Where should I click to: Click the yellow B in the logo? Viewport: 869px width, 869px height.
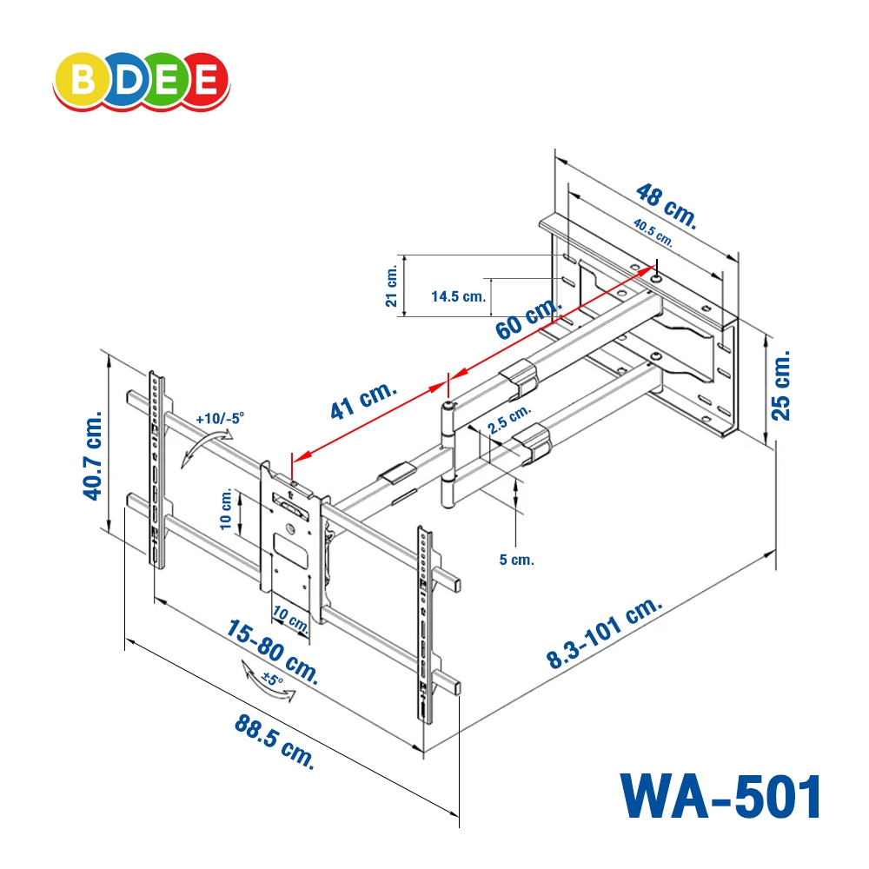tap(83, 79)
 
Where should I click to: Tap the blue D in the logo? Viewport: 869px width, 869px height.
tap(124, 79)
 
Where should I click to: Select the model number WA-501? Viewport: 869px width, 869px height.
tap(720, 796)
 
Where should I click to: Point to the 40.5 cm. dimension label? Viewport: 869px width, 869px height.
tap(653, 233)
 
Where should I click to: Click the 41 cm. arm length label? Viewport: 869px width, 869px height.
tap(363, 401)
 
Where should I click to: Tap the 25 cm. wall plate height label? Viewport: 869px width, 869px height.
tap(780, 385)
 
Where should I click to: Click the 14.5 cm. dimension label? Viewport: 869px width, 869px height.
tap(458, 296)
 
